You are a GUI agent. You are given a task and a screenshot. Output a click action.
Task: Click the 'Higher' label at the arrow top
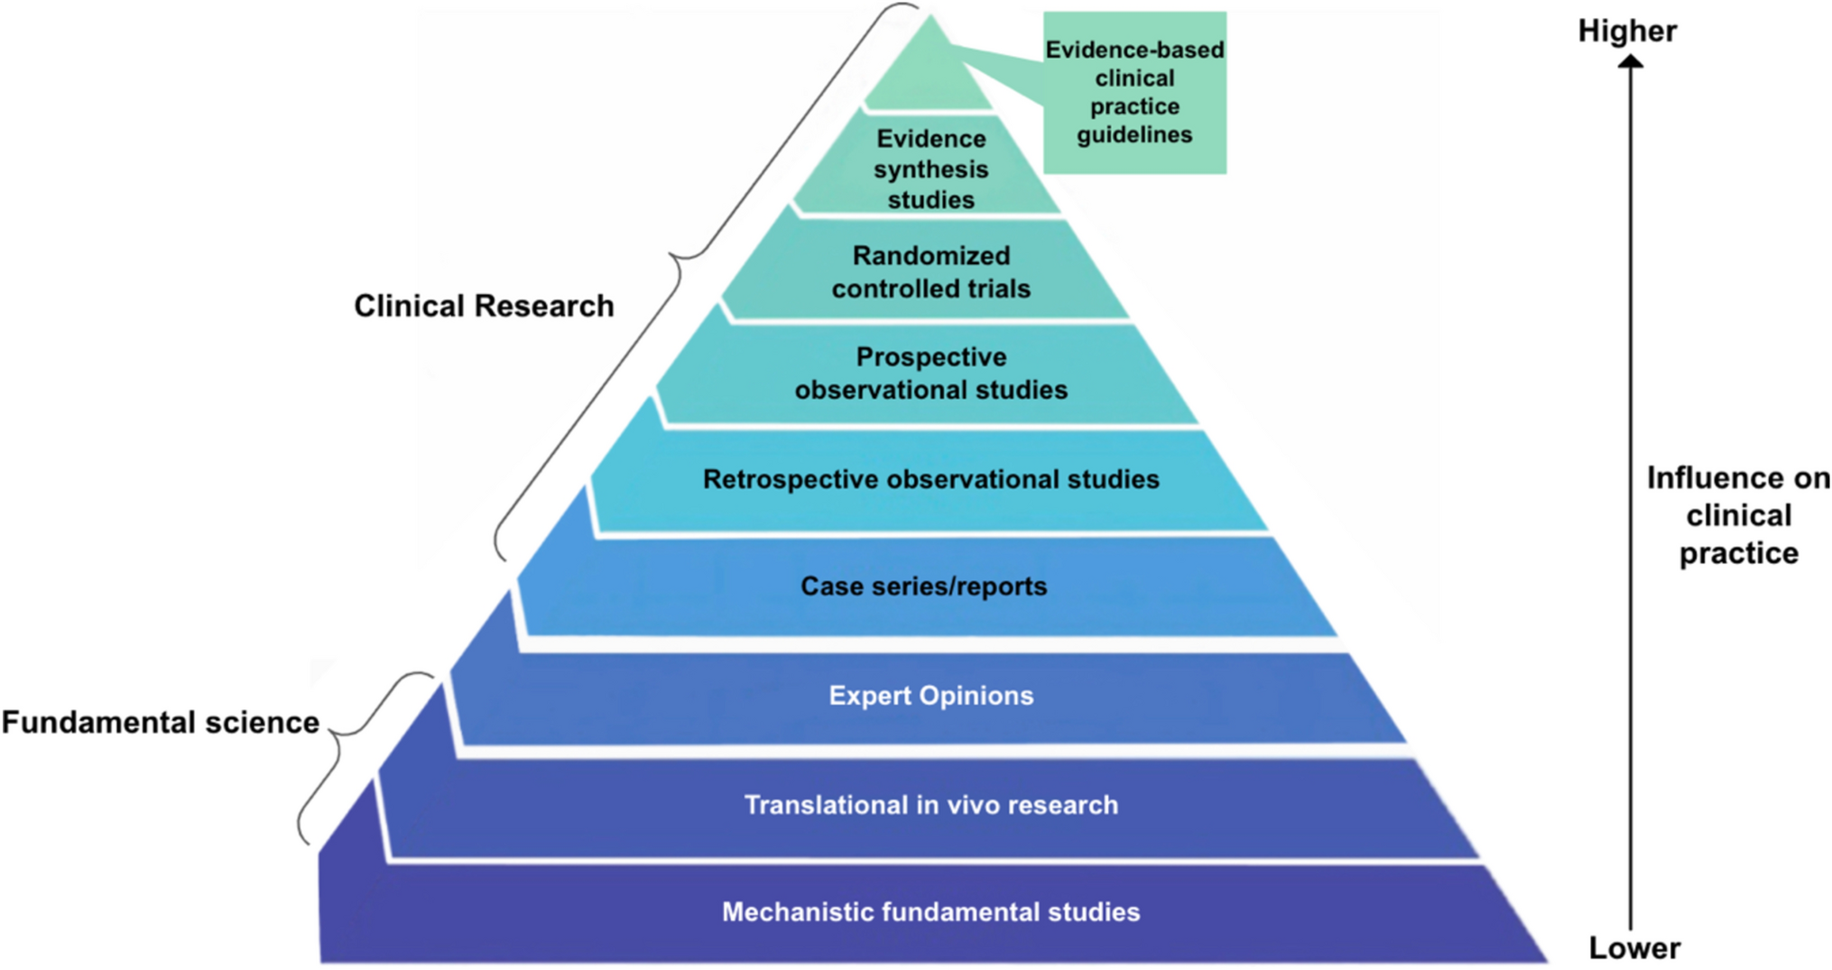click(x=1626, y=31)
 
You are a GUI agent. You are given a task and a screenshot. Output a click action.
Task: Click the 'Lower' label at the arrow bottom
click(x=1633, y=947)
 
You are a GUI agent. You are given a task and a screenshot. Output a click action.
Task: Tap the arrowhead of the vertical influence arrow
click(x=1630, y=62)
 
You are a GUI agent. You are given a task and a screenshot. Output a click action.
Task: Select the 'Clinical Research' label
click(x=484, y=306)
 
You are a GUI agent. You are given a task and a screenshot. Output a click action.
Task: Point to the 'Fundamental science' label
click(x=161, y=722)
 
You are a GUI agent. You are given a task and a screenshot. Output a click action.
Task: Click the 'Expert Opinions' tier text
click(x=930, y=696)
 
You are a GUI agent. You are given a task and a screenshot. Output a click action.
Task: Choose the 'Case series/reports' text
click(x=923, y=587)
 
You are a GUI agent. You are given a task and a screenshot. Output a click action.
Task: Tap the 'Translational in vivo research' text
click(x=930, y=805)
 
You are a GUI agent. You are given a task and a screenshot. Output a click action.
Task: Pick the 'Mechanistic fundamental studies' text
click(x=930, y=912)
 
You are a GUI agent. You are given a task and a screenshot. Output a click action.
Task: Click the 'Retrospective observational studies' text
click(x=930, y=479)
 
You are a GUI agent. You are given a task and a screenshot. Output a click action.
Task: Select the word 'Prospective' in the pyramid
click(x=930, y=357)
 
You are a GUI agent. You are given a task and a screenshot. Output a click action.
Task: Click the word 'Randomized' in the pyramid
click(x=930, y=256)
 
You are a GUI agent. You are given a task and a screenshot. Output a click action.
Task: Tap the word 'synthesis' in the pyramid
click(x=930, y=170)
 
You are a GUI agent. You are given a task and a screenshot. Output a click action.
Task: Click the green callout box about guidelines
click(x=1134, y=92)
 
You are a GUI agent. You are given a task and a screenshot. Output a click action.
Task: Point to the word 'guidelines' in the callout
click(x=1134, y=135)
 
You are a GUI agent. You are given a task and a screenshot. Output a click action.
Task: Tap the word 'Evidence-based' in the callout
click(x=1134, y=50)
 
